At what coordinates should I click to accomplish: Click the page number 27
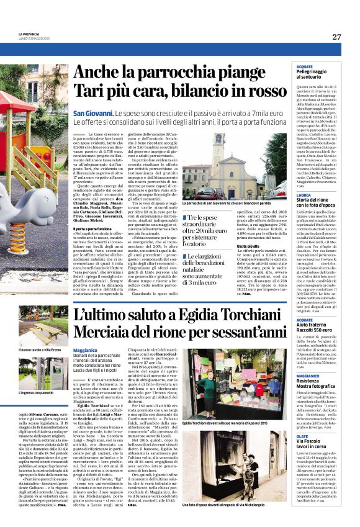pyautogui.click(x=336, y=37)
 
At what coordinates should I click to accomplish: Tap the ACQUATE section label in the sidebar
pyautogui.click(x=287, y=66)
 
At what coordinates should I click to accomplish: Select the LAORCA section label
pyautogui.click(x=286, y=197)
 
